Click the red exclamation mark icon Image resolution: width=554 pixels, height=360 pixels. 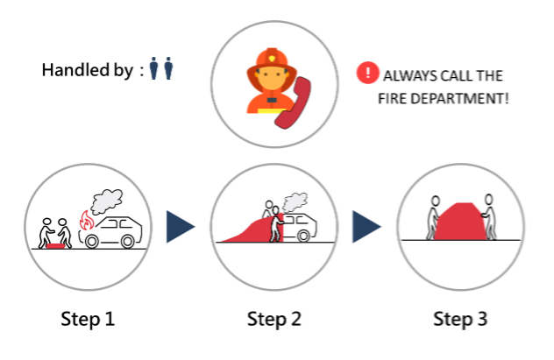click(367, 73)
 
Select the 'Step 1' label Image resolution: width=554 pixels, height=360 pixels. click(88, 319)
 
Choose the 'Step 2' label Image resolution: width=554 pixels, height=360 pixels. click(274, 319)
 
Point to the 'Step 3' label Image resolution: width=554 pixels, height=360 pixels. click(460, 319)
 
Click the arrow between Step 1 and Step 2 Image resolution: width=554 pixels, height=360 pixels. click(181, 227)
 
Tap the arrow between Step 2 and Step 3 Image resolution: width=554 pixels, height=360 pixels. click(366, 227)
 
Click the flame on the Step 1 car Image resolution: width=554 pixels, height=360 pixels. click(86, 221)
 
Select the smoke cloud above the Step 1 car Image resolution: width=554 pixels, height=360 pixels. click(107, 201)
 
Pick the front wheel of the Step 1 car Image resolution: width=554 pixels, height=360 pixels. click(92, 242)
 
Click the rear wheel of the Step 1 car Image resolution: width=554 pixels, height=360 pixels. click(128, 242)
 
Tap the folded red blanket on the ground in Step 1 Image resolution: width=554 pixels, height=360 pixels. click(55, 245)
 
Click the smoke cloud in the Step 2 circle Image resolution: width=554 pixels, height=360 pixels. click(295, 202)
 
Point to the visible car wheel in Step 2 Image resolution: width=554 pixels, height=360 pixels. click(303, 236)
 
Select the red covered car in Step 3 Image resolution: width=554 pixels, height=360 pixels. click(460, 222)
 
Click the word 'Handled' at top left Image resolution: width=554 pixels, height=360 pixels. click(75, 70)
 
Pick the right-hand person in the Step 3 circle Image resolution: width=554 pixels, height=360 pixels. click(489, 216)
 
